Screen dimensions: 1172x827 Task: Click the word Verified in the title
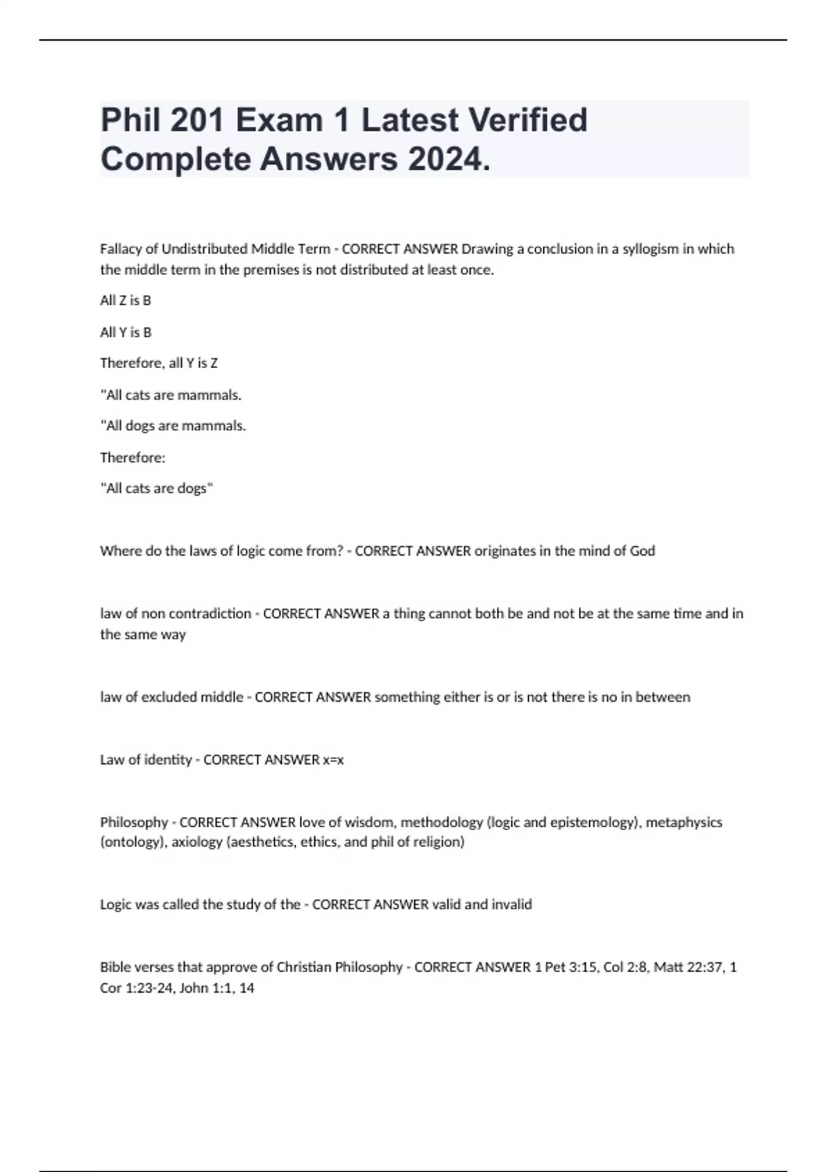528,120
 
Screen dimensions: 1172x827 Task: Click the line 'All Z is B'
125,301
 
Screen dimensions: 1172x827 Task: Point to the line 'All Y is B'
125,332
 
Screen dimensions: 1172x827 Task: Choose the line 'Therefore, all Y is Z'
159,363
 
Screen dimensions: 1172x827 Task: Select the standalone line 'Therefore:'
132,458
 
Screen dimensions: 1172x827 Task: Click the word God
642,551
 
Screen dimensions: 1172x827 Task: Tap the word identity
169,760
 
